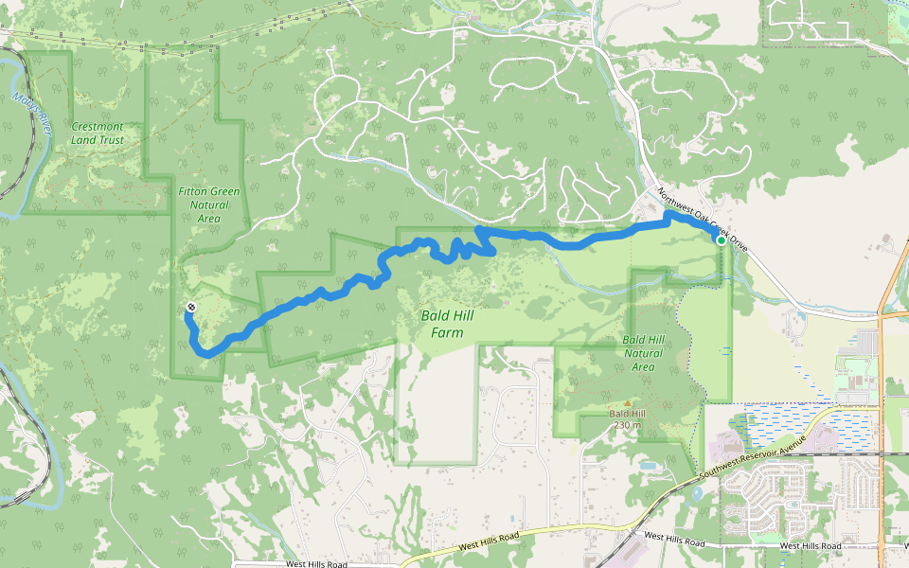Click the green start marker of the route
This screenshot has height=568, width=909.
[x=722, y=240]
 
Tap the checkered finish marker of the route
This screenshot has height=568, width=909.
[x=192, y=307]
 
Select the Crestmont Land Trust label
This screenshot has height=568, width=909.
[x=98, y=133]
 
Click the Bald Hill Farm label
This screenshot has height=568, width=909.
[x=448, y=324]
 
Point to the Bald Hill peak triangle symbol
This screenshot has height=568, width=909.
[x=626, y=403]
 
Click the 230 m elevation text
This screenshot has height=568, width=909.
[x=626, y=424]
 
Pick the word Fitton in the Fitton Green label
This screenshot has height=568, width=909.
[x=193, y=191]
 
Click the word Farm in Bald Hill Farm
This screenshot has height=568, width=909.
[x=448, y=332]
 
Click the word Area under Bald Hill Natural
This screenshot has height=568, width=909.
[x=643, y=366]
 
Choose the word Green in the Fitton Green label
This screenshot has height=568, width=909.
[x=224, y=191]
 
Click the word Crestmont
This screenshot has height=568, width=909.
[x=98, y=126]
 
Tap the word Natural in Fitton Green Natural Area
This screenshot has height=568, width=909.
[x=209, y=204]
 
